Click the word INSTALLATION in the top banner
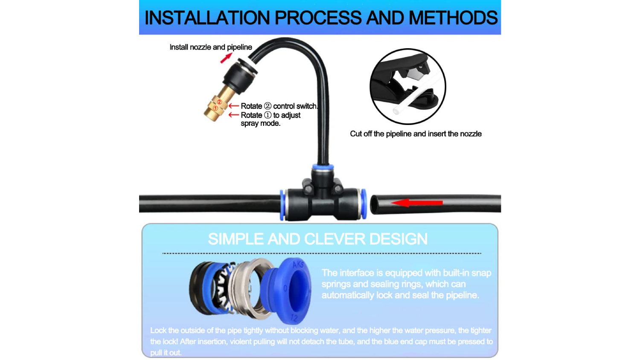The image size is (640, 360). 207,18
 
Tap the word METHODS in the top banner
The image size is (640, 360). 453,18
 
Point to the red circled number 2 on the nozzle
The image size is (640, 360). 219,102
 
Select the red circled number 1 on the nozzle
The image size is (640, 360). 215,108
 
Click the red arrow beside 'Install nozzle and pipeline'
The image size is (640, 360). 226,58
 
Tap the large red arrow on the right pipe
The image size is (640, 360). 416,203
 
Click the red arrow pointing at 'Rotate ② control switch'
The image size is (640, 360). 234,106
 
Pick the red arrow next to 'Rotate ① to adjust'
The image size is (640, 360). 234,115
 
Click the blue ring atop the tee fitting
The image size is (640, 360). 323,167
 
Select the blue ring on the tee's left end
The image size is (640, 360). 282,205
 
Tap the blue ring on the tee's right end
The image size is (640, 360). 364,204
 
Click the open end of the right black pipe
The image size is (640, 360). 374,204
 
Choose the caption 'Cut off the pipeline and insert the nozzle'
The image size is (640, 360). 416,134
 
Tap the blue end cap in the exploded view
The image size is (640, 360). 286,290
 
